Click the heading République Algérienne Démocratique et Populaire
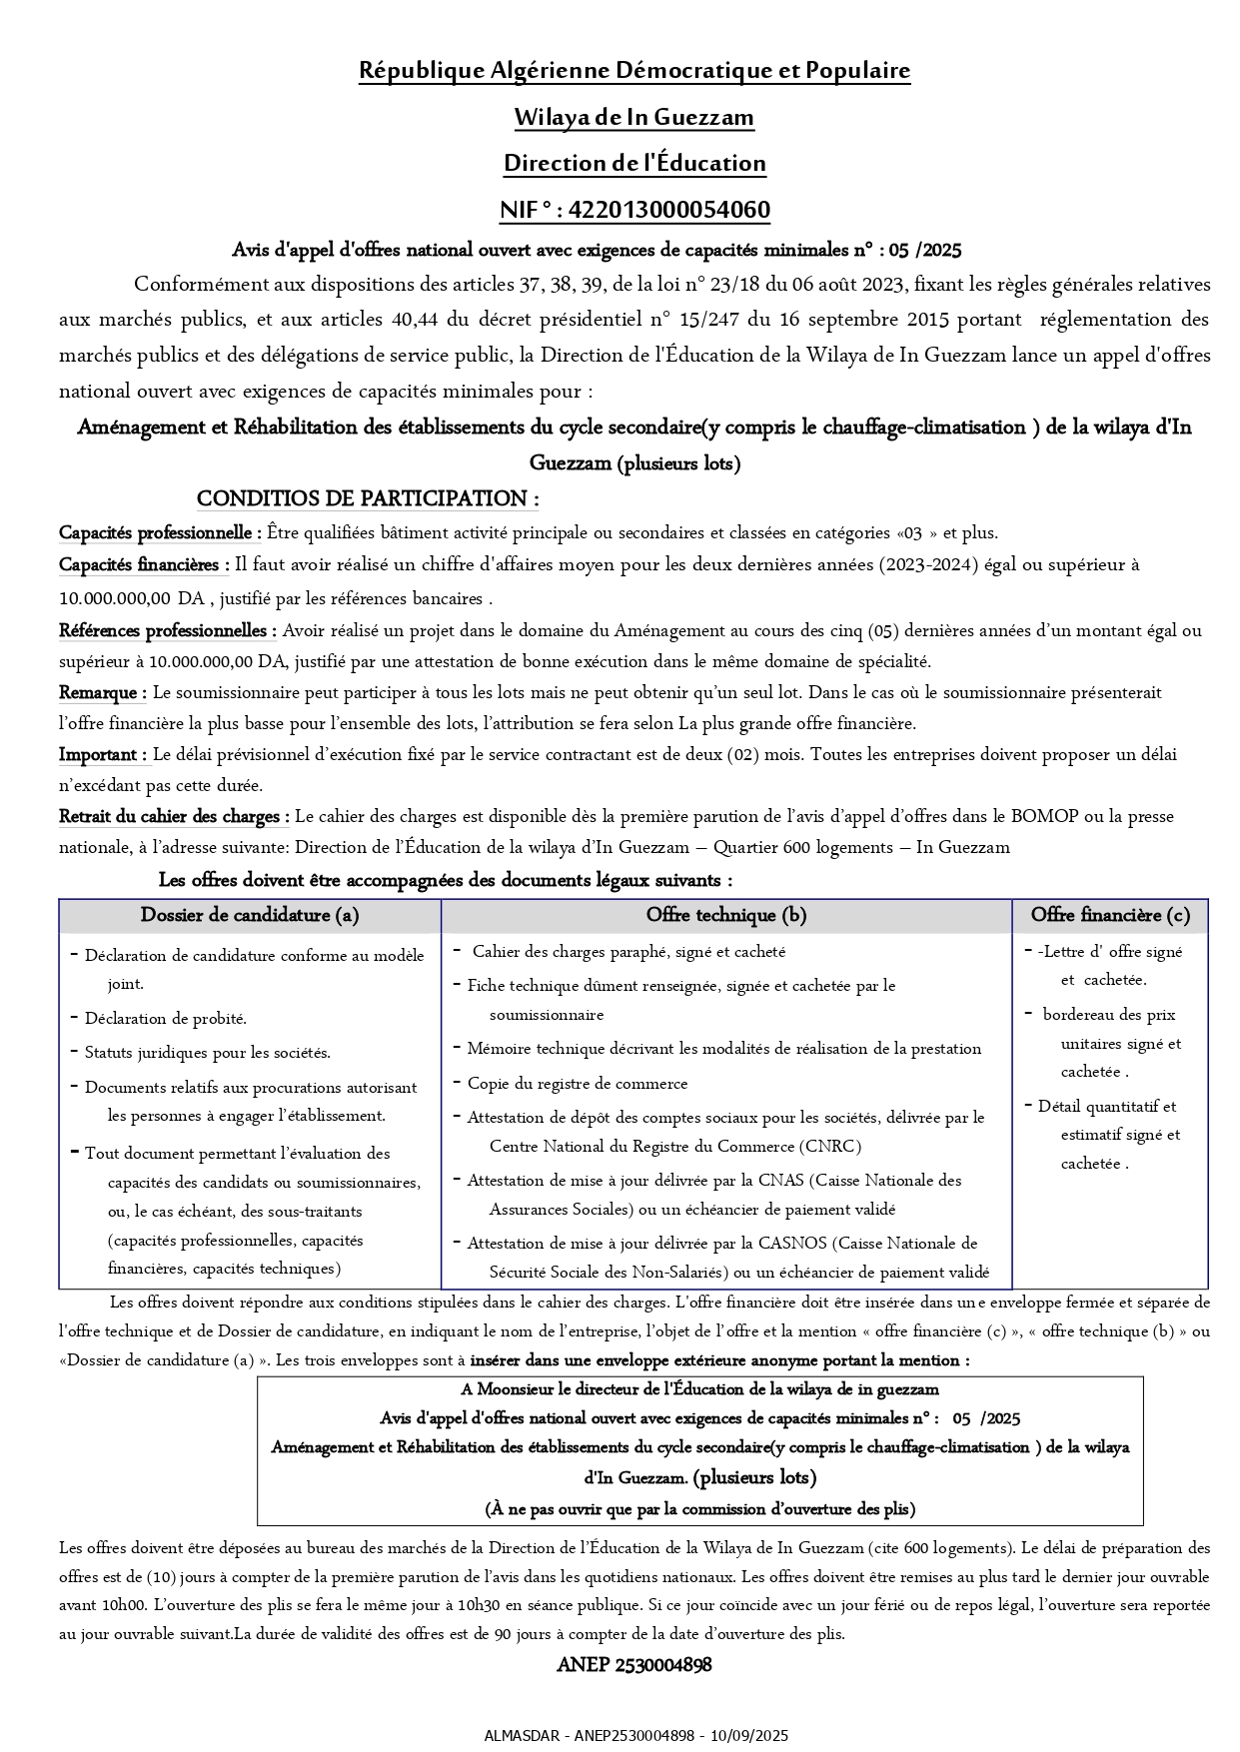(x=634, y=71)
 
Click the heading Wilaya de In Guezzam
(x=633, y=118)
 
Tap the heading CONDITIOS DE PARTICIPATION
(x=367, y=498)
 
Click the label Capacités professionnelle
(x=160, y=532)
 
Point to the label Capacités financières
(x=143, y=565)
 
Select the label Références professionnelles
(x=167, y=630)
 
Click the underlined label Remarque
(x=102, y=692)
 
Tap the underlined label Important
(x=102, y=754)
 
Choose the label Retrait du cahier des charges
(x=174, y=816)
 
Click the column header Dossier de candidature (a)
(x=250, y=915)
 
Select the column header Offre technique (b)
(x=726, y=915)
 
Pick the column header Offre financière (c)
(x=1110, y=915)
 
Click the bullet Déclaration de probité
(x=165, y=1019)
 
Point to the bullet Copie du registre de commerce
(x=577, y=1083)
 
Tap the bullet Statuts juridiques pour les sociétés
(x=207, y=1053)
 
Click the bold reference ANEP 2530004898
(x=634, y=1665)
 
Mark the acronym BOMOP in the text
(x=1044, y=816)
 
